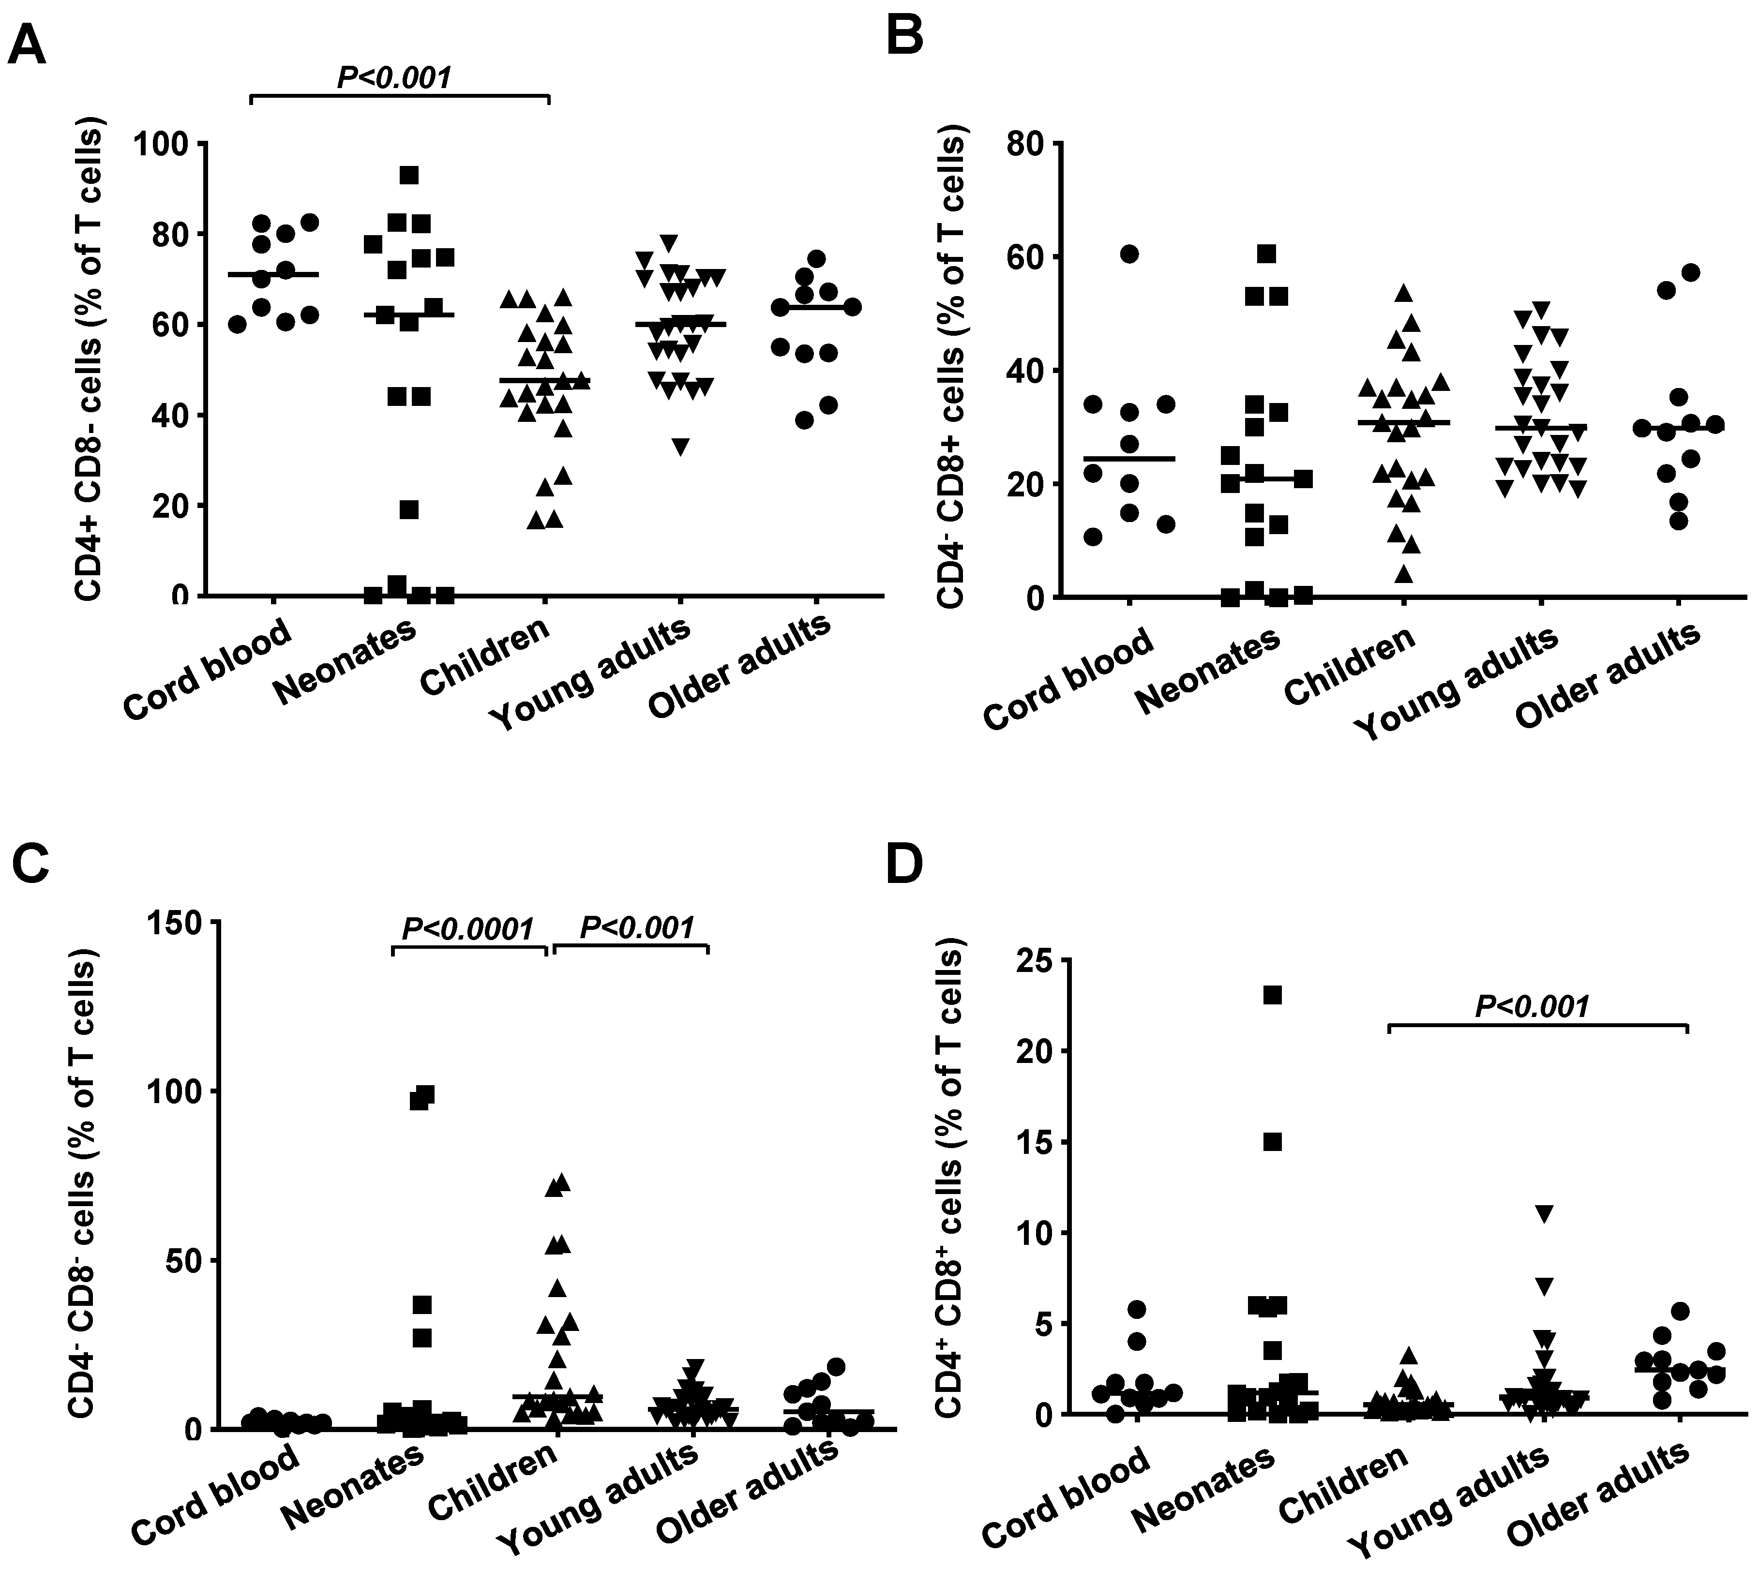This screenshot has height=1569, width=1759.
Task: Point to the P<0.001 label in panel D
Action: point(1532,1005)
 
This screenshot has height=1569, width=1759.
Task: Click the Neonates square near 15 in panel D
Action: point(1273,1142)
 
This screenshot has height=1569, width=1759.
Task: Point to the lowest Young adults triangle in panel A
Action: point(680,447)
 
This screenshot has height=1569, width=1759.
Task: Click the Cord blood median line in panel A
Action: point(272,274)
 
